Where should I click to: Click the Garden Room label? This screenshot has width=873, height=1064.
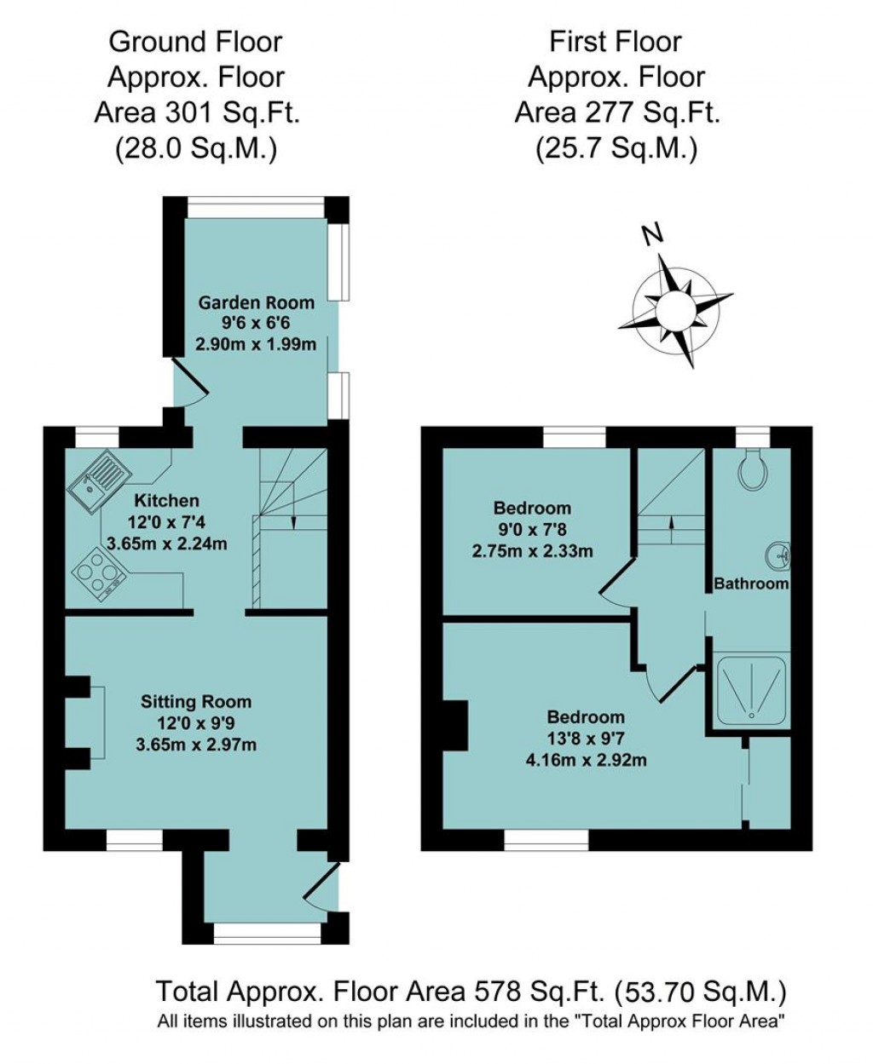[x=256, y=302]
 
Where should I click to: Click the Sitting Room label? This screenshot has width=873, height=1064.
[x=196, y=702]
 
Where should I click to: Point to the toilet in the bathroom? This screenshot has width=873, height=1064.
[x=753, y=469]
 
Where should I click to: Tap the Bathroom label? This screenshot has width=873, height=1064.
[x=751, y=584]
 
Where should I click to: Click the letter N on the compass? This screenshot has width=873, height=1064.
[x=652, y=234]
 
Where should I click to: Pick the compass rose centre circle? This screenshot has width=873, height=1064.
[x=674, y=308]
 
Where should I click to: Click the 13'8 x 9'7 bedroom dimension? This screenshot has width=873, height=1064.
[x=586, y=738]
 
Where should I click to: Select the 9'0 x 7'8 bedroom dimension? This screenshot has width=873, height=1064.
[x=532, y=530]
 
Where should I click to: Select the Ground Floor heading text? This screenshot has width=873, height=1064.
[x=196, y=41]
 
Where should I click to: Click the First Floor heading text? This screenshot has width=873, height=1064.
[x=616, y=41]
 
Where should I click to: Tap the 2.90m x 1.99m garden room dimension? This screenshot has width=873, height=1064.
[x=256, y=345]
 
